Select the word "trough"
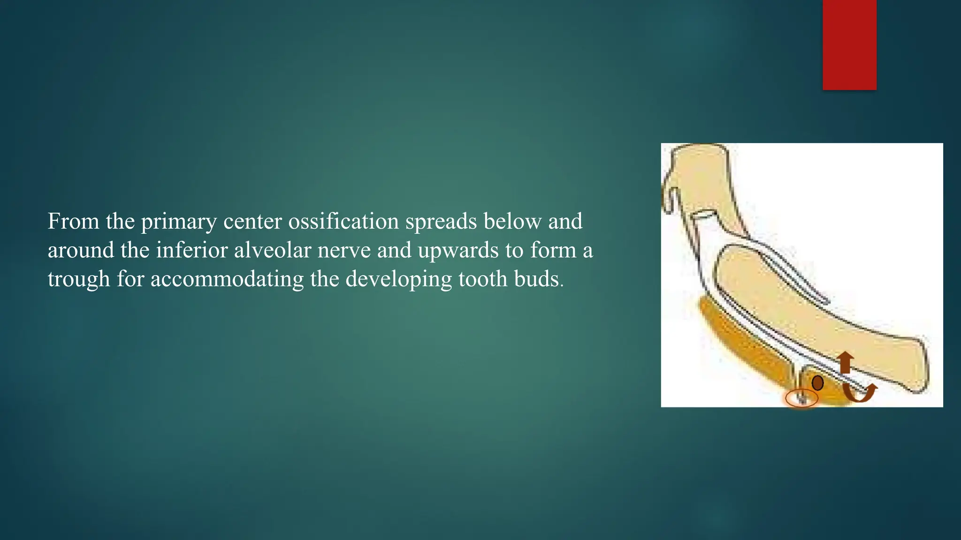click(x=79, y=280)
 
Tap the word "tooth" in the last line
click(x=483, y=279)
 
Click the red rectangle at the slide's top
click(x=849, y=45)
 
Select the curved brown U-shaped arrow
click(x=859, y=393)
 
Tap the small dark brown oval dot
click(x=818, y=383)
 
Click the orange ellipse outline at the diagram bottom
click(x=802, y=399)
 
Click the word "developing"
click(x=398, y=280)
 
